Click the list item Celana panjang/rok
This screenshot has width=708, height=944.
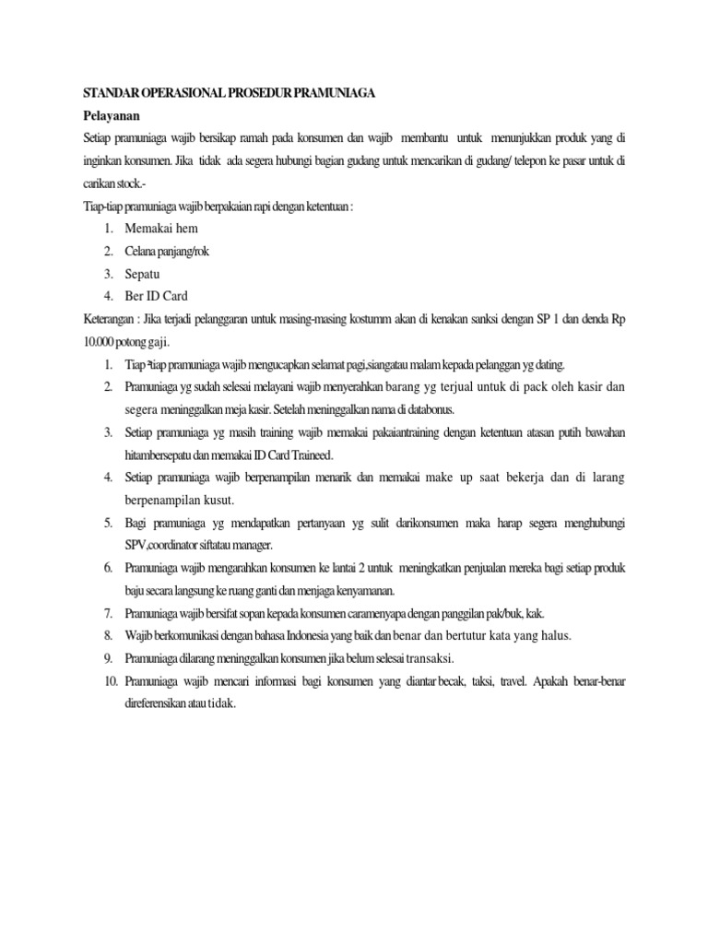tap(168, 251)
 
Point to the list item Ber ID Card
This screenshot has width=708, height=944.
tap(157, 296)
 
